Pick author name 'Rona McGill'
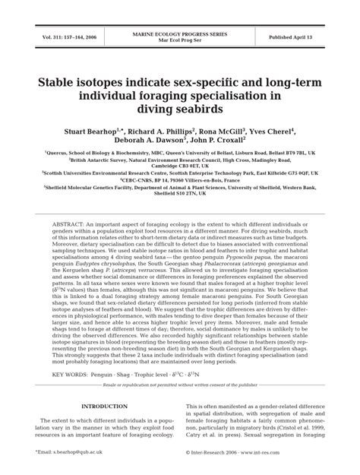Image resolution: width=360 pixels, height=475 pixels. coord(227,130)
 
